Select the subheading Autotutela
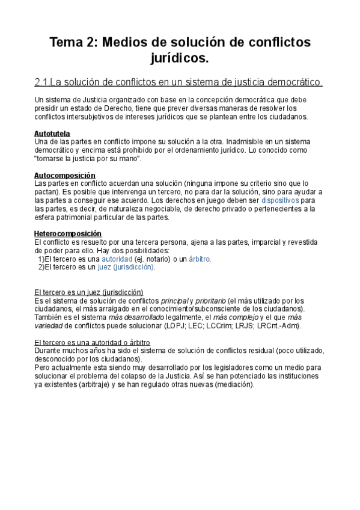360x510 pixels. click(x=52, y=133)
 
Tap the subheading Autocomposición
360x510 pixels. click(x=65, y=175)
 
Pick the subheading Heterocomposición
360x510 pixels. click(x=68, y=233)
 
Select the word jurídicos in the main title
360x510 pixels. click(x=180, y=58)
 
